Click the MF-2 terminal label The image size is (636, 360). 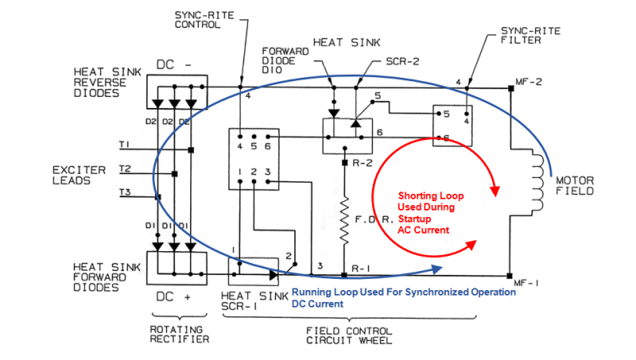(531, 82)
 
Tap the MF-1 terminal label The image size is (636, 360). (529, 281)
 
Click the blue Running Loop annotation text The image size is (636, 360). (404, 297)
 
